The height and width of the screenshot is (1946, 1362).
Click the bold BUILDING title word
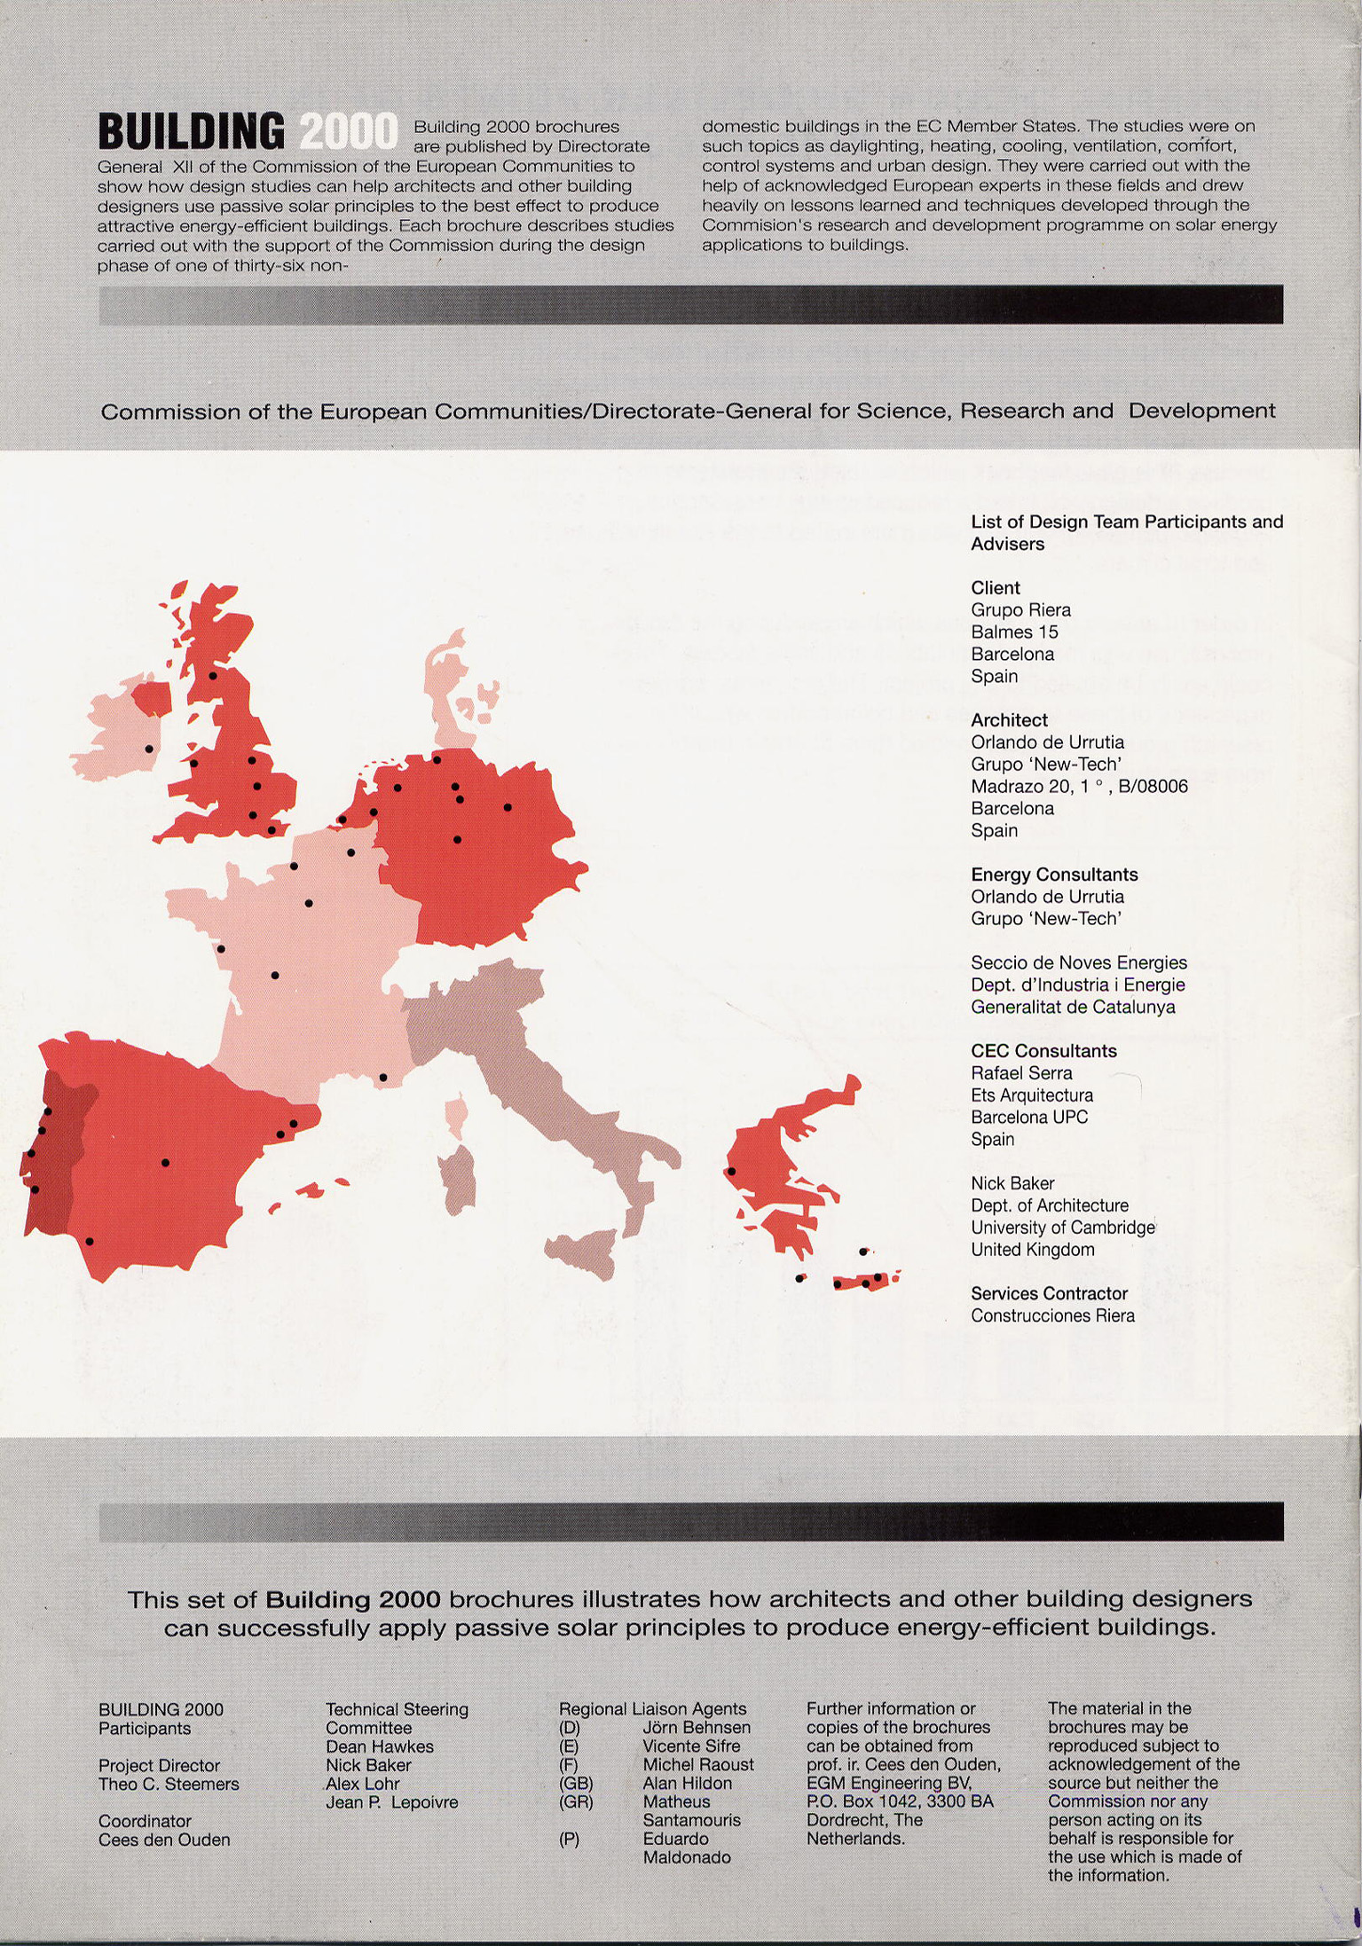tap(191, 132)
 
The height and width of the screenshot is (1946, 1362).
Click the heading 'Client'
tap(996, 588)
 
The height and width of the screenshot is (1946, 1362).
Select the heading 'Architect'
tap(1009, 720)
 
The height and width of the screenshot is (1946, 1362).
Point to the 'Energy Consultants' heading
tap(1054, 875)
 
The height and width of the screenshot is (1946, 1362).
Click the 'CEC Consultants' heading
tap(1043, 1051)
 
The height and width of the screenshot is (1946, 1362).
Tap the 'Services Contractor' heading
tap(1049, 1294)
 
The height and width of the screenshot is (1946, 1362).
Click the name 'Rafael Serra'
tap(1021, 1073)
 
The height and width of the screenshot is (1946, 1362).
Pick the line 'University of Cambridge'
tap(1062, 1228)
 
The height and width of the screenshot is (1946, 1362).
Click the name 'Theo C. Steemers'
tap(169, 1784)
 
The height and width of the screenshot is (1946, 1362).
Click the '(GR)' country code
tap(575, 1802)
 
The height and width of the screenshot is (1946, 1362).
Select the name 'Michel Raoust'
tap(698, 1765)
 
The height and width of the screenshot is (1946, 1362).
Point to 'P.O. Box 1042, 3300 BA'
tap(900, 1801)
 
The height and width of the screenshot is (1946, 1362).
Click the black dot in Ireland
tap(149, 749)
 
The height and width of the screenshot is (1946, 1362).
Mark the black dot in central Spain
tap(165, 1162)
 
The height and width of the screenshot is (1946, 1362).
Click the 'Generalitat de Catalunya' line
tap(1073, 1008)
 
